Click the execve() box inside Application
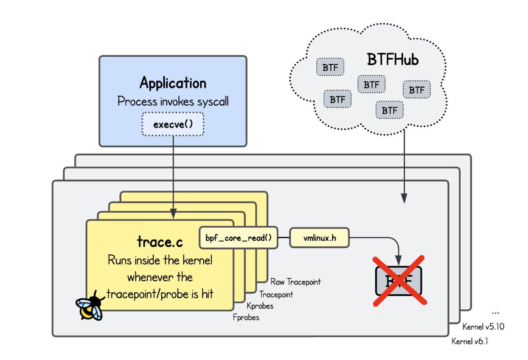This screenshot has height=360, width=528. pos(173,124)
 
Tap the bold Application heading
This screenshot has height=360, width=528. pos(173,83)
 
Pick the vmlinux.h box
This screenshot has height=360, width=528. pos(320,238)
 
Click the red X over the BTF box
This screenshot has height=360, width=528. pos(399,280)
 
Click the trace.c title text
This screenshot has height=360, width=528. pos(160,243)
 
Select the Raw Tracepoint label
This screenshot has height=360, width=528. pos(296,282)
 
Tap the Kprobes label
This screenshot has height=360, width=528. pos(260,306)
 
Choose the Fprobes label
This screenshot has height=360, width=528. pos(246,317)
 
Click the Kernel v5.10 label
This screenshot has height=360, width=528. pos(483,327)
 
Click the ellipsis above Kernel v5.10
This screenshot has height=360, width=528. pos(495,312)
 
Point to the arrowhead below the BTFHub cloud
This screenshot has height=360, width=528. pos(404,199)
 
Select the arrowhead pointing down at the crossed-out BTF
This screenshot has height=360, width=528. pos(399,262)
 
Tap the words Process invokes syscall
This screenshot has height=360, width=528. pos(173,102)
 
